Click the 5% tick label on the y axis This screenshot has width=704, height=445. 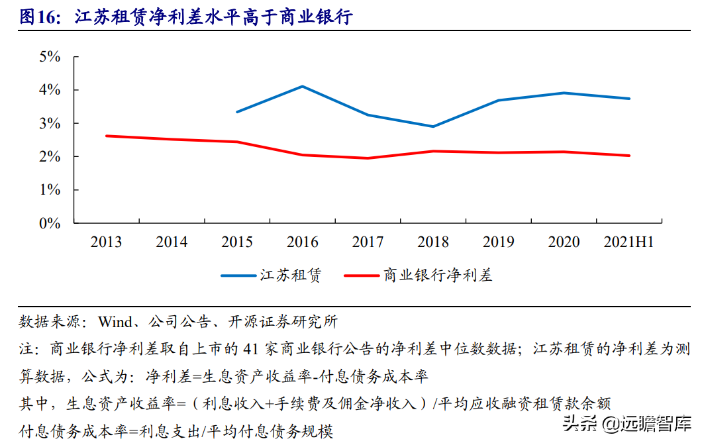(50, 56)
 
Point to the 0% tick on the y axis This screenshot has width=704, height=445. (50, 223)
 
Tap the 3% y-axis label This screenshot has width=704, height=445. (50, 123)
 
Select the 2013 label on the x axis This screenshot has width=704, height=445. (106, 242)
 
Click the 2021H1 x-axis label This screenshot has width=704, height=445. (629, 242)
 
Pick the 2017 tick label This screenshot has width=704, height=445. (368, 242)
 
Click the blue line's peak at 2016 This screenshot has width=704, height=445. (302, 86)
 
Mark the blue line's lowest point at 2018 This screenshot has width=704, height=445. (433, 126)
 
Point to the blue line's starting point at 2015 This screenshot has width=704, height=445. (237, 112)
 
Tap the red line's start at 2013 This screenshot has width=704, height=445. (107, 136)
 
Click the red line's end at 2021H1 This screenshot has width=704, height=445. (629, 156)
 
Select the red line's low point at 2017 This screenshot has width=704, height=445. (368, 158)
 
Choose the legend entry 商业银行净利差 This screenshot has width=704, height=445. (438, 275)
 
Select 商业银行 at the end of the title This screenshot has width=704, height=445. (313, 18)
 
